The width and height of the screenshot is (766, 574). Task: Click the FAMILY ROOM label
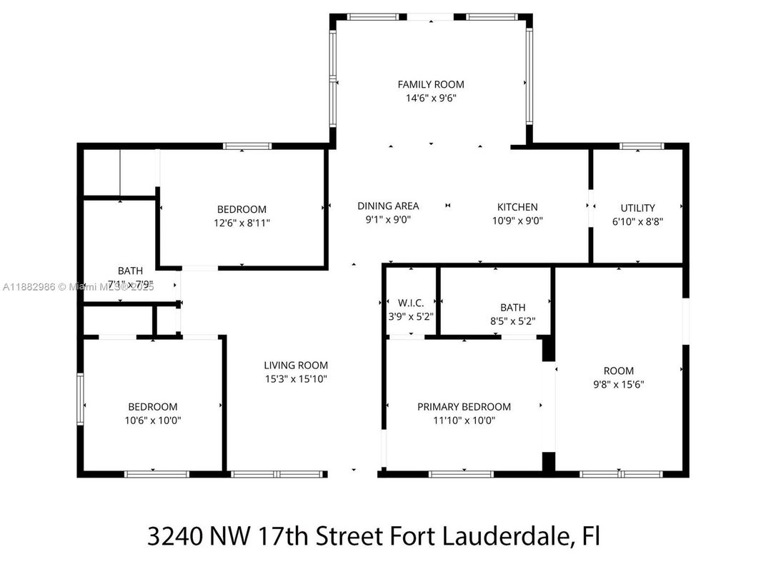click(x=430, y=84)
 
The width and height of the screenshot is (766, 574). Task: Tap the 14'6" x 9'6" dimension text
click(x=430, y=99)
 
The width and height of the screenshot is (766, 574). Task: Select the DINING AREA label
click(x=388, y=206)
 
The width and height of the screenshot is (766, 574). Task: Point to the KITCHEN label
click(x=517, y=207)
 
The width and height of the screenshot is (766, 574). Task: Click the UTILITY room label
click(x=637, y=208)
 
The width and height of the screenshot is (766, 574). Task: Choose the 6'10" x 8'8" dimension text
click(x=637, y=221)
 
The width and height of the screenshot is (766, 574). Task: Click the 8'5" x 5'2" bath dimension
click(x=512, y=321)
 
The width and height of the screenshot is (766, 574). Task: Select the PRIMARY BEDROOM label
click(x=464, y=407)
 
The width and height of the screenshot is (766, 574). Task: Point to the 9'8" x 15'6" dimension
click(x=619, y=384)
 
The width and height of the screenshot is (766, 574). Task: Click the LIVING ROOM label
click(x=295, y=365)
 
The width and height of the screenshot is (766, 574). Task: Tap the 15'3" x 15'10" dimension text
click(x=295, y=379)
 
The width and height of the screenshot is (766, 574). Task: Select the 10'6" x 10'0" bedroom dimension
click(x=152, y=421)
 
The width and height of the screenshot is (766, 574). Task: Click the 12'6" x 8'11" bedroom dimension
click(x=242, y=223)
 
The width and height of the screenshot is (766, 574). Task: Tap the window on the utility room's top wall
click(x=641, y=146)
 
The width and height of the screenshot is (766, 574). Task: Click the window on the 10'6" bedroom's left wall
click(x=81, y=400)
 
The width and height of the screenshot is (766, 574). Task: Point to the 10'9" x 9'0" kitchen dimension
click(x=517, y=221)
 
